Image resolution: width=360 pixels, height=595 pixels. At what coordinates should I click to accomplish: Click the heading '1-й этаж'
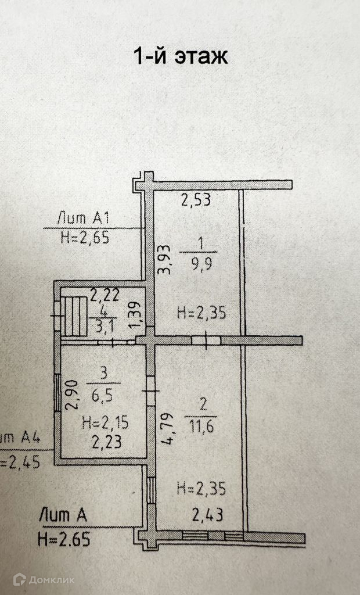(181, 56)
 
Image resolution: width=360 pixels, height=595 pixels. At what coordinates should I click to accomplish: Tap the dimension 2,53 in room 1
(196, 200)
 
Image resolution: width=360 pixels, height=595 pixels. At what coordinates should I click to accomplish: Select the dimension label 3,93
(164, 260)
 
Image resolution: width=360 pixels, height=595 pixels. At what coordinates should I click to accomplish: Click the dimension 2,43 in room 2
(207, 515)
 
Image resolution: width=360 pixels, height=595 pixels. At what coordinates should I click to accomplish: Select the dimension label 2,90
(72, 395)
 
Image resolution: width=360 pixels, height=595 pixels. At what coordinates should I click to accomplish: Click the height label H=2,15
(106, 423)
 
